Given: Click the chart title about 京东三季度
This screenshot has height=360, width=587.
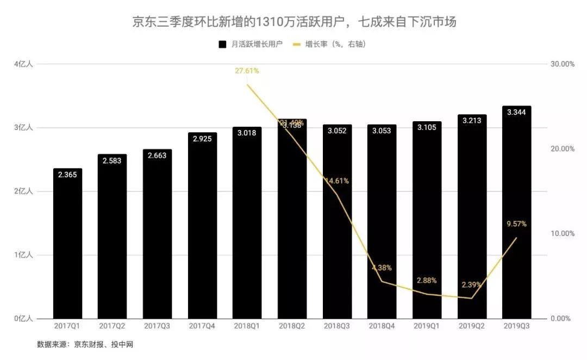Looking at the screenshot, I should (x=294, y=22).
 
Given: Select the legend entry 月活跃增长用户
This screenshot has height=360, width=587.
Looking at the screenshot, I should (x=250, y=44).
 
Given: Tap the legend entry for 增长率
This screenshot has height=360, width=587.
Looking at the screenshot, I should (x=329, y=44).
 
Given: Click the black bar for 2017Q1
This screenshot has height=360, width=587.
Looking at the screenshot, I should (x=67, y=245).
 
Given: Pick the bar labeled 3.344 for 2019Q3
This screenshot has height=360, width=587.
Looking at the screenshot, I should (x=516, y=218).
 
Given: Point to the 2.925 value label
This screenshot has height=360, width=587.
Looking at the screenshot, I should (x=202, y=139).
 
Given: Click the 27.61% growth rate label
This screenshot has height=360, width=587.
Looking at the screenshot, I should (x=247, y=71).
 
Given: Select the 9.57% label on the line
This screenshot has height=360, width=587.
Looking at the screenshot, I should (x=516, y=224).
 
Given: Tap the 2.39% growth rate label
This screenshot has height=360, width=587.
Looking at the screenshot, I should (x=471, y=285).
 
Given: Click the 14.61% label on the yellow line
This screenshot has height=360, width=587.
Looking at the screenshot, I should (x=337, y=181).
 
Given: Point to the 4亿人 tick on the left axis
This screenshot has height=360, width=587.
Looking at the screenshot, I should (x=23, y=64).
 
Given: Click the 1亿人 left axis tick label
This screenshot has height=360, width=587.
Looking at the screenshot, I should (x=23, y=255).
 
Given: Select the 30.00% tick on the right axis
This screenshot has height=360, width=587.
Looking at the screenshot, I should (x=563, y=64).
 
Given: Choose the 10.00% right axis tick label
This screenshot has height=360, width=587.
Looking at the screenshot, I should (x=563, y=233).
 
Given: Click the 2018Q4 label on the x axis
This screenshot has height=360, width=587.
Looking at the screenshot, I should (x=382, y=326).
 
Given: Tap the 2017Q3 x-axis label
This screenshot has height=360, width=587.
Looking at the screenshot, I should (x=157, y=326).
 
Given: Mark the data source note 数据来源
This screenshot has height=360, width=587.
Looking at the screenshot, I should (x=85, y=345).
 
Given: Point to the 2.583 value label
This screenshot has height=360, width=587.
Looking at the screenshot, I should (x=112, y=160).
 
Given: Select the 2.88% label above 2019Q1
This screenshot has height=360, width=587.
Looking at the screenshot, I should (x=427, y=281).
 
